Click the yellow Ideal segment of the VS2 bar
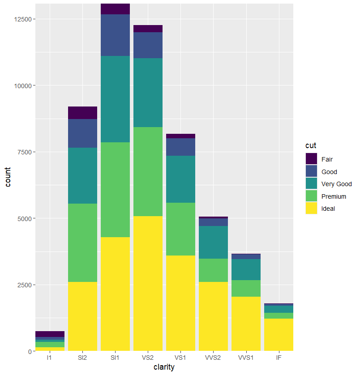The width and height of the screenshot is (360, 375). (x=148, y=283)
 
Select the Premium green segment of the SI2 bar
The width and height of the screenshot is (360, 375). (x=82, y=243)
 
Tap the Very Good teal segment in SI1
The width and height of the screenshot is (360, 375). (x=115, y=99)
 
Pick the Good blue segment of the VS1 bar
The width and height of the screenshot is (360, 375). (x=180, y=147)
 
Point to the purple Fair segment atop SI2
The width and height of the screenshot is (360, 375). (x=82, y=113)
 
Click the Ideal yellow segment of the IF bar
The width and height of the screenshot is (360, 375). (x=279, y=334)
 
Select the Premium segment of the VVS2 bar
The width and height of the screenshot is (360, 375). (x=213, y=270)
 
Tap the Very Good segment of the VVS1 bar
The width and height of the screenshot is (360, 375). (x=246, y=269)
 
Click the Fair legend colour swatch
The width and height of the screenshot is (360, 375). (x=311, y=159)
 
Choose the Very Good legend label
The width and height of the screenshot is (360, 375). (x=336, y=184)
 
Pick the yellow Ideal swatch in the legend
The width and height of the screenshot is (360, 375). (x=311, y=209)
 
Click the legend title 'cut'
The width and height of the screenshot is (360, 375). (x=310, y=146)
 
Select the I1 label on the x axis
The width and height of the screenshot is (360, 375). (x=50, y=358)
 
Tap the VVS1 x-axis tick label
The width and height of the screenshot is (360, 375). (x=246, y=358)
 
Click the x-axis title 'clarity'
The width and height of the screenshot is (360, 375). (x=164, y=367)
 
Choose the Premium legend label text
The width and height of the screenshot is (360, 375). (x=334, y=196)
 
